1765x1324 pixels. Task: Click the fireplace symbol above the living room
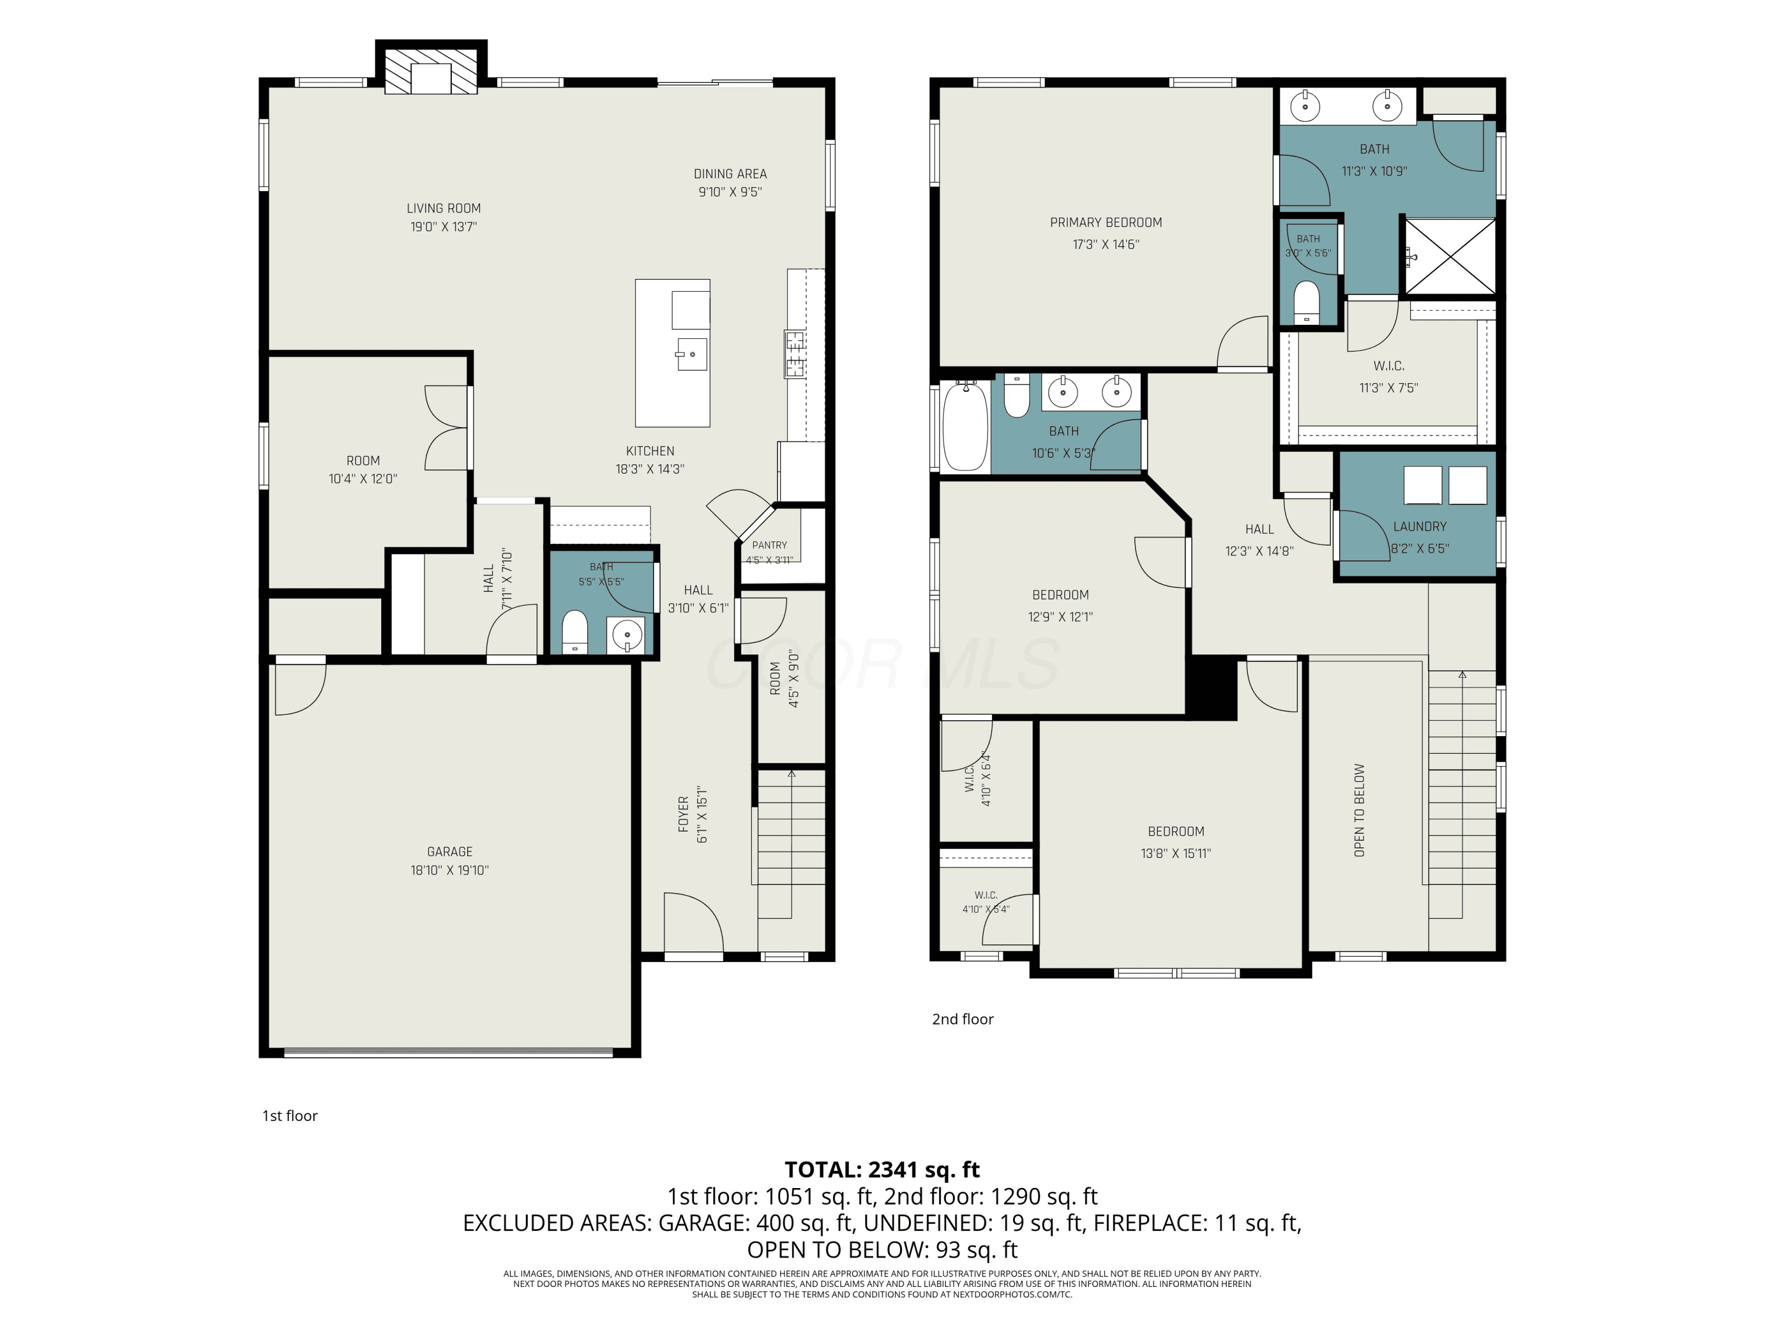(x=431, y=72)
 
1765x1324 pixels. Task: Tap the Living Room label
(x=444, y=208)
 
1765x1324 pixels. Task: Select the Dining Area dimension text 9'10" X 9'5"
(x=730, y=191)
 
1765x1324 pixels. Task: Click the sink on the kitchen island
(x=691, y=354)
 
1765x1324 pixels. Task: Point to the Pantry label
(x=769, y=545)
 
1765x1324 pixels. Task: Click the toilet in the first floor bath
(x=574, y=631)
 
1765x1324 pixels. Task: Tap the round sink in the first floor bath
(x=628, y=636)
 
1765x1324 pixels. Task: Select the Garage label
(x=450, y=851)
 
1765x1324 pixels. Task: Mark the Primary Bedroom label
(x=1106, y=222)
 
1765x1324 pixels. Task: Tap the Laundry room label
(x=1420, y=527)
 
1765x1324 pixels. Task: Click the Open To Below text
(x=1359, y=810)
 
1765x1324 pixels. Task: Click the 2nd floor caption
(x=963, y=1019)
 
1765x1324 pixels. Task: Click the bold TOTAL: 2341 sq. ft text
(x=882, y=1170)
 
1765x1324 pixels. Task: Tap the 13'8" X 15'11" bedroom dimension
(x=1175, y=853)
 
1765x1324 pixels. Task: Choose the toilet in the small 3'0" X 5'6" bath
(x=1306, y=302)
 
